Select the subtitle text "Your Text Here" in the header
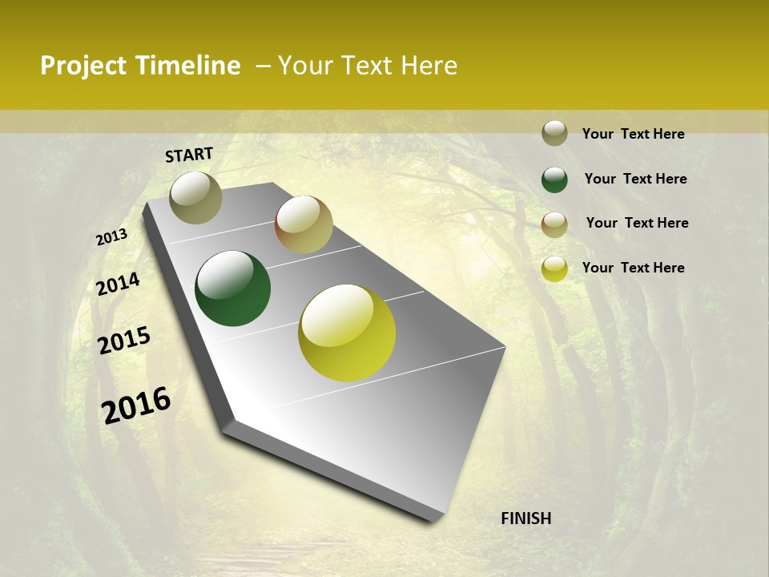pyautogui.click(x=368, y=66)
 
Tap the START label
pyautogui.click(x=189, y=155)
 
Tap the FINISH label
pyautogui.click(x=525, y=518)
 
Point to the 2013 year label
pyautogui.click(x=111, y=237)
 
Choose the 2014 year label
pyautogui.click(x=118, y=284)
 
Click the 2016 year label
pyautogui.click(x=136, y=406)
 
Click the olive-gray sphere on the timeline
pyautogui.click(x=195, y=197)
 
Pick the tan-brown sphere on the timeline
pyautogui.click(x=304, y=224)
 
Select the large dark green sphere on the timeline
pyautogui.click(x=233, y=288)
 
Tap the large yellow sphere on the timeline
pyautogui.click(x=347, y=333)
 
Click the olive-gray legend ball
pyautogui.click(x=554, y=133)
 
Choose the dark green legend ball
pyautogui.click(x=554, y=180)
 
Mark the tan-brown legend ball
pyautogui.click(x=554, y=224)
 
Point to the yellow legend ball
pyautogui.click(x=554, y=268)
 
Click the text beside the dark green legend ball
pyautogui.click(x=635, y=179)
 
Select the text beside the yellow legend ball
pyautogui.click(x=633, y=268)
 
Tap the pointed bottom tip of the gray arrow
pyautogui.click(x=433, y=519)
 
